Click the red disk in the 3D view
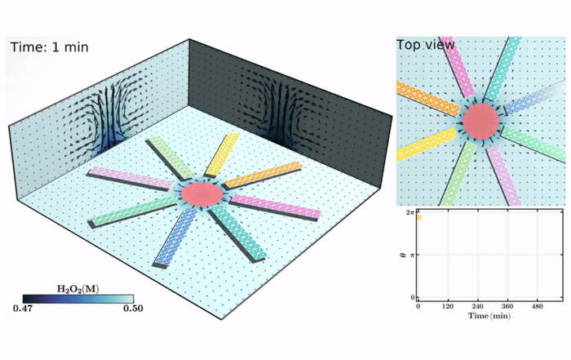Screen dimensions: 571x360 click(201, 194)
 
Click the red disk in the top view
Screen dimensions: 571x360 click(481, 122)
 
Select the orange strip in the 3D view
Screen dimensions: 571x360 click(263, 175)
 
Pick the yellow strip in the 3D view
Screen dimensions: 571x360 click(222, 154)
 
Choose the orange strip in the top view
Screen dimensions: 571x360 click(428, 98)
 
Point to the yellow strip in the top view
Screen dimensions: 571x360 click(426, 144)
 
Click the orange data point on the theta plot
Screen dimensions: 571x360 click(418, 217)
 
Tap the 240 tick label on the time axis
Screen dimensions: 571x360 click(478, 306)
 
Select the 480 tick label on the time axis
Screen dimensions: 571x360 click(537, 306)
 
